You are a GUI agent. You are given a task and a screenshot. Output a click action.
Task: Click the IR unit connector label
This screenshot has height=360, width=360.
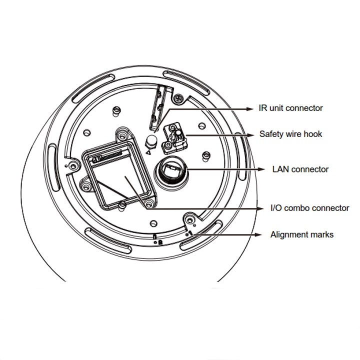click(290, 108)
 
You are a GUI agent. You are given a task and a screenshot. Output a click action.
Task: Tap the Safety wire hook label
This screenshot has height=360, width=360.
click(290, 134)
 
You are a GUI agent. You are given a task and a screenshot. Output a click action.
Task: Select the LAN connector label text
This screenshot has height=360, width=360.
click(300, 169)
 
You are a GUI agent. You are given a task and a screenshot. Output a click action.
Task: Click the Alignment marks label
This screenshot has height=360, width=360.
click(301, 234)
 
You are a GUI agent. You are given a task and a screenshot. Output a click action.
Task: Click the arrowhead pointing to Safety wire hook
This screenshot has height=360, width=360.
click(251, 134)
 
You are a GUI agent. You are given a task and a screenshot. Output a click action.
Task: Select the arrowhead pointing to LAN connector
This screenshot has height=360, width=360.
click(264, 169)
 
